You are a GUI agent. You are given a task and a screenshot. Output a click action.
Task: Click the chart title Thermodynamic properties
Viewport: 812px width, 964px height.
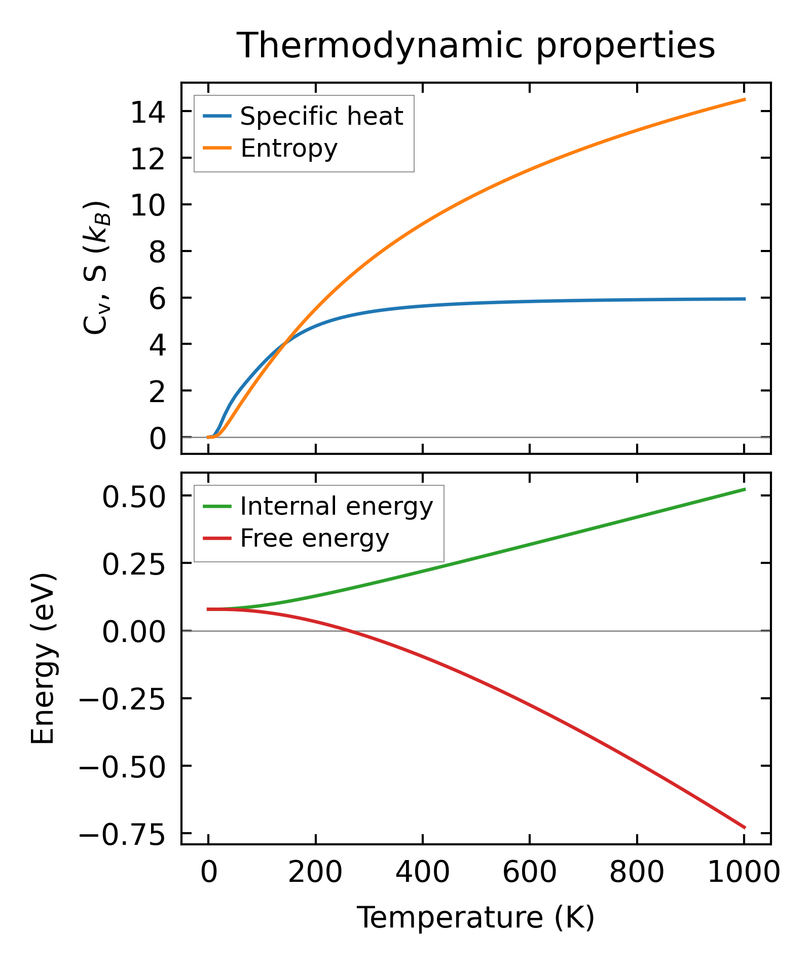[476, 46]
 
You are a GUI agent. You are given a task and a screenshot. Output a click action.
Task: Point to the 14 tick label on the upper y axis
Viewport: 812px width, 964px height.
[148, 113]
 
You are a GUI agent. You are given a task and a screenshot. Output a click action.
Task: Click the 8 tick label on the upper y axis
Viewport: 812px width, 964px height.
[157, 252]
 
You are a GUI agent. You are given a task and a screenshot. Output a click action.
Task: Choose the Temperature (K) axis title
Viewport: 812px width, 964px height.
[476, 918]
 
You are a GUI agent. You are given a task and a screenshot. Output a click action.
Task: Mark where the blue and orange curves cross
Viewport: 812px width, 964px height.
[286, 343]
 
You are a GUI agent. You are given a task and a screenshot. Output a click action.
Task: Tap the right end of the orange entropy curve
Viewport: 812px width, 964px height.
[745, 99]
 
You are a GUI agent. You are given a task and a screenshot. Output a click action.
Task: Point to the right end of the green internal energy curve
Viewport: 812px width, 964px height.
[745, 489]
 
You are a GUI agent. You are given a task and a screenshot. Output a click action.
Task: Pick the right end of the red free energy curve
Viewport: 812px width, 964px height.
[745, 828]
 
